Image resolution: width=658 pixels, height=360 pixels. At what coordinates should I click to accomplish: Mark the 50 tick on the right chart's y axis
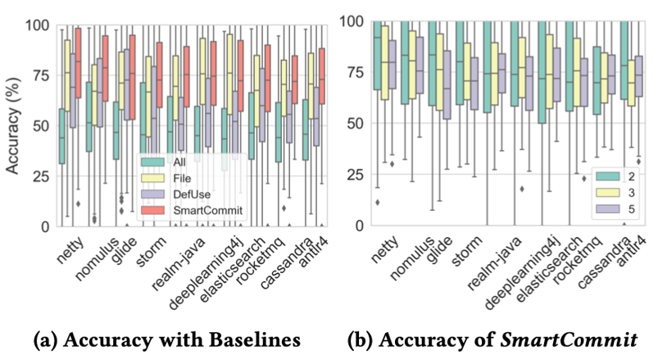pyautogui.click(x=353, y=124)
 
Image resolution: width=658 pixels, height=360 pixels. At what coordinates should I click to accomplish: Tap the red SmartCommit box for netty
pyautogui.click(x=79, y=62)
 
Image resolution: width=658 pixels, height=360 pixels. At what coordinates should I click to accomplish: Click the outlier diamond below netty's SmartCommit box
pyautogui.click(x=79, y=203)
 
